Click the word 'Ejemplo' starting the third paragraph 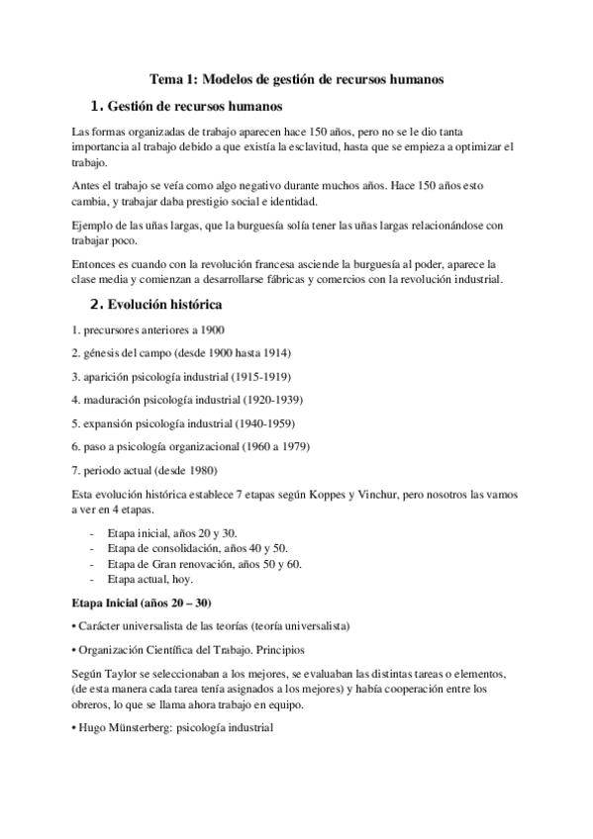pos(94,226)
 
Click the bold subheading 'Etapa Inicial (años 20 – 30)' pos(142,604)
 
